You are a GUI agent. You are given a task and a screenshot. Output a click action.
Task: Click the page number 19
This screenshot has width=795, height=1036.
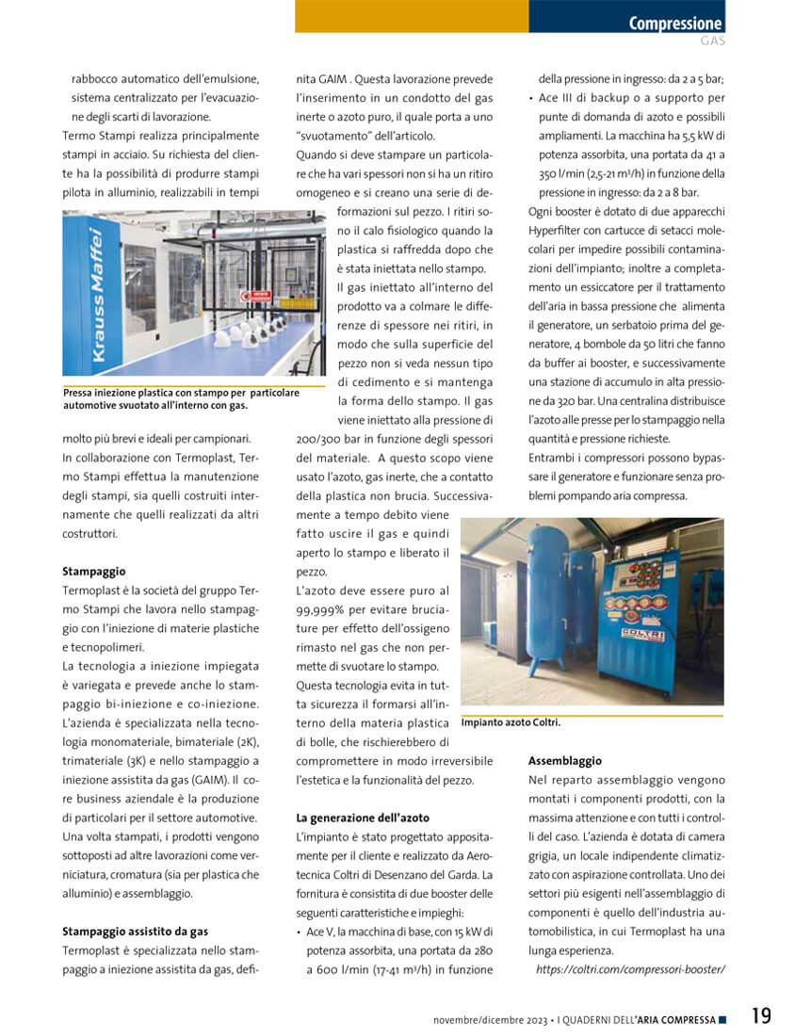pos(761,1016)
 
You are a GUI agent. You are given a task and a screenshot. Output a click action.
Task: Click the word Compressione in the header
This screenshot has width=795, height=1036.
pos(675,24)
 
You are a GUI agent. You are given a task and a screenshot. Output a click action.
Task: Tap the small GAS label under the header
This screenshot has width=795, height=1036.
pos(712,41)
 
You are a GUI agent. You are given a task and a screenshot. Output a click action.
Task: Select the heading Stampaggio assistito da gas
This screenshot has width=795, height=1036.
pos(136,931)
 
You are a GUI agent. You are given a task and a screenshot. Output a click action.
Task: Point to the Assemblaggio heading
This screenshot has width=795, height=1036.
pos(565,760)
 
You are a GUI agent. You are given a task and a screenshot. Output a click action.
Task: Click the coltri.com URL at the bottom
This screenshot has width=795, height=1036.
pos(630,969)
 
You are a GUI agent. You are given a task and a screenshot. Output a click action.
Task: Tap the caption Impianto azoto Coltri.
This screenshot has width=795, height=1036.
pos(511,722)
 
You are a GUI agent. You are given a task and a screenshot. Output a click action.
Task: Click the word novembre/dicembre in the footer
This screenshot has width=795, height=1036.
pos(478,1020)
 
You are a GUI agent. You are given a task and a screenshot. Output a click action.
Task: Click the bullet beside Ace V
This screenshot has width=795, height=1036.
pos(299,931)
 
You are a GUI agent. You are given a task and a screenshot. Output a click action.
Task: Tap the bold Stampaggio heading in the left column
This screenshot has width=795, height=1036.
pos(93,571)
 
